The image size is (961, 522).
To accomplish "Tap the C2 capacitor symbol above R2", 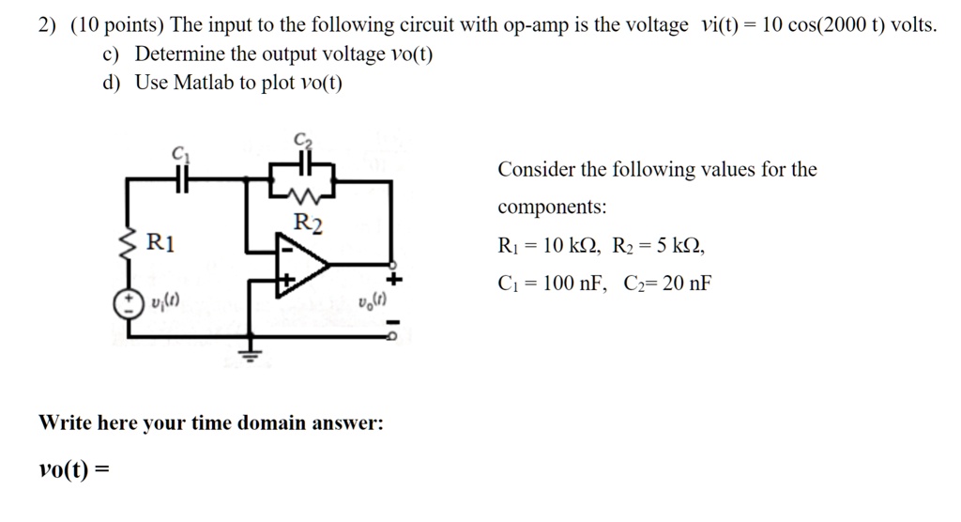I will tap(302, 163).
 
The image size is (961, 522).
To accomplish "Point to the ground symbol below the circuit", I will tap(249, 354).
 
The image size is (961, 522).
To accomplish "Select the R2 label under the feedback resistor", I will tap(307, 223).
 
